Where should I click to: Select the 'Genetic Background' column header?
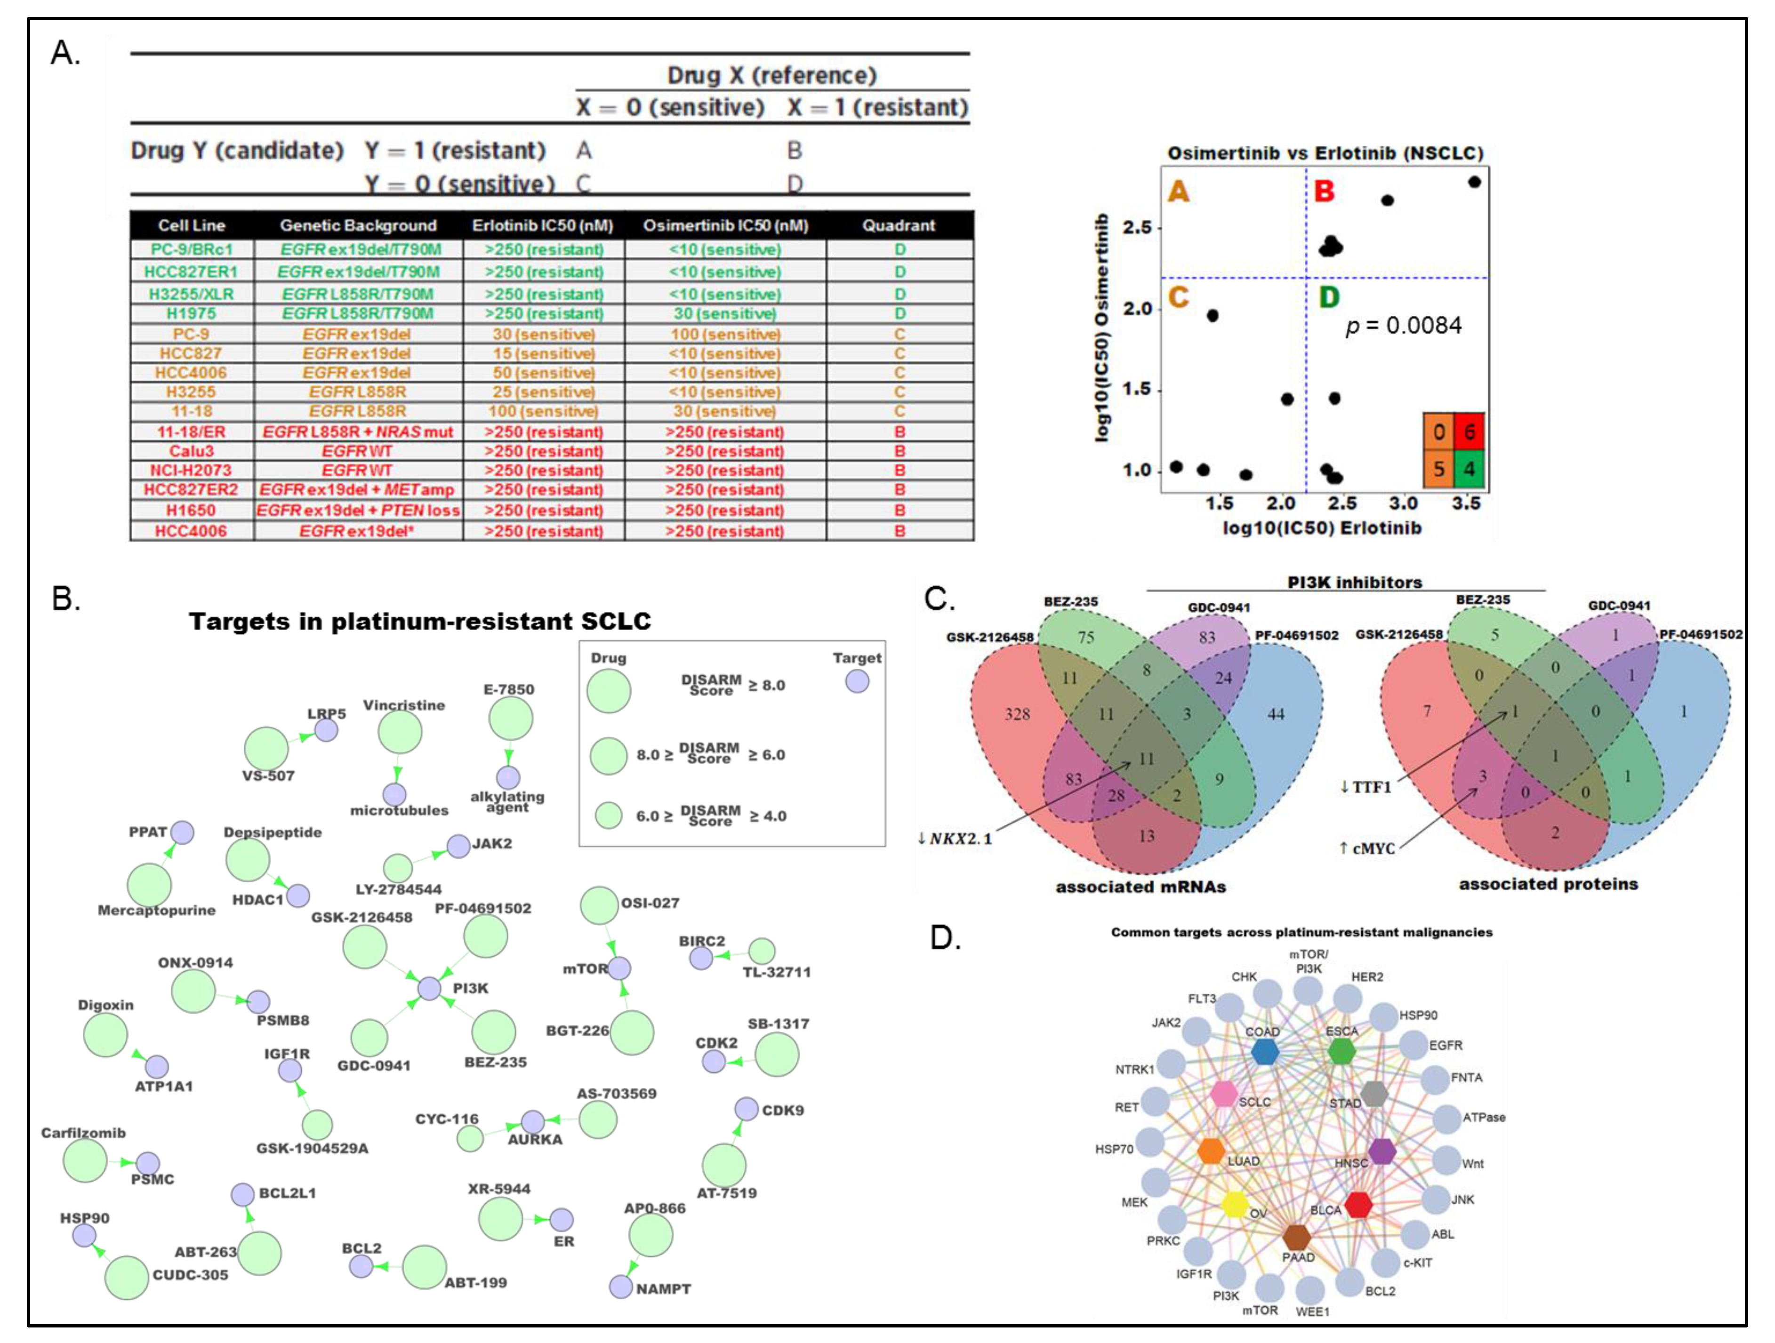click(358, 225)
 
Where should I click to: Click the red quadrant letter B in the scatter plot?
click(1324, 191)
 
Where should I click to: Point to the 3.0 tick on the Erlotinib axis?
click(1404, 503)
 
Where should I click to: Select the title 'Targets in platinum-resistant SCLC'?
click(420, 622)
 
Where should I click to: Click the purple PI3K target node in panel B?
click(429, 988)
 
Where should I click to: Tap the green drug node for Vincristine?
click(400, 732)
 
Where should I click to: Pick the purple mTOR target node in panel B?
click(618, 968)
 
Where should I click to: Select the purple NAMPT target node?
click(620, 1287)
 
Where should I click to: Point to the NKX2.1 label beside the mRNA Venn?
click(955, 839)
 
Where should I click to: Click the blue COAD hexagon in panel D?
click(1265, 1052)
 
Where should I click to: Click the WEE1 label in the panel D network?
click(1313, 1312)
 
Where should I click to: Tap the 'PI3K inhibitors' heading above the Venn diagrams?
click(1355, 583)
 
